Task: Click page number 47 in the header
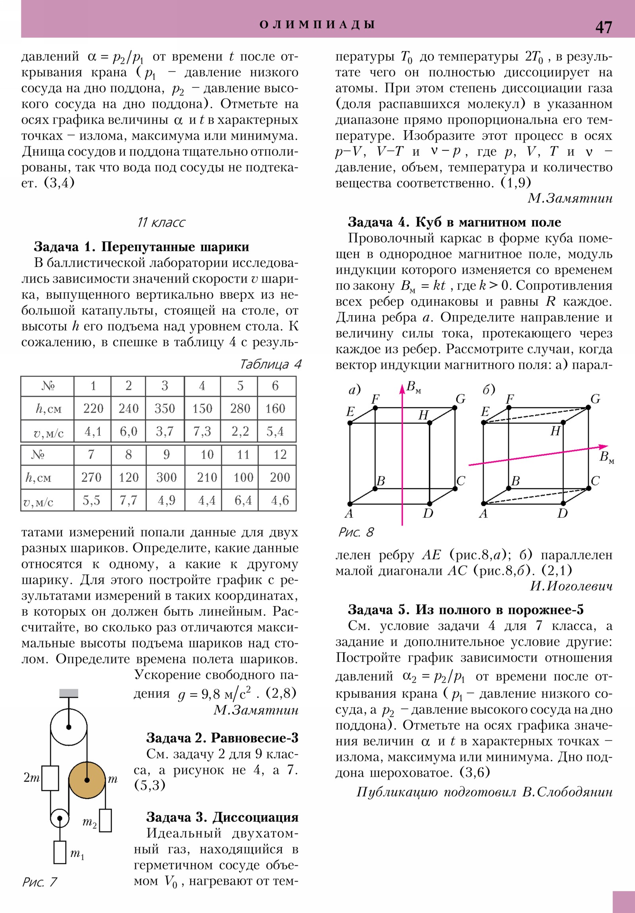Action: coord(603,27)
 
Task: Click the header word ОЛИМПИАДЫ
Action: coord(317,25)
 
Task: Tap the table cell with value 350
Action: coord(165,408)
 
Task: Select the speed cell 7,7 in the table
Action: coord(129,500)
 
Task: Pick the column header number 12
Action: coord(280,455)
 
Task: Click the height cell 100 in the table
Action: coord(243,477)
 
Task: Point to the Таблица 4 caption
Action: coord(271,364)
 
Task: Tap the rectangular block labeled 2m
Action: coord(50,778)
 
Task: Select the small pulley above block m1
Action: coord(60,819)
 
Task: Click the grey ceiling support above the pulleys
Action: coord(69,693)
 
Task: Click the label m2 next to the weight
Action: coord(89,822)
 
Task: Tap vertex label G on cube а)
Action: coord(460,399)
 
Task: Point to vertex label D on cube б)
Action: coord(562,513)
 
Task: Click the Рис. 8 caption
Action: coord(356,532)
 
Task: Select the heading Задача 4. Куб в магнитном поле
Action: coord(454,222)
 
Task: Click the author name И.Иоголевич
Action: coord(571,586)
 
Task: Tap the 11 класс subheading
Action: coord(161,222)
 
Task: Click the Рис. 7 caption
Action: coord(40,882)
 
